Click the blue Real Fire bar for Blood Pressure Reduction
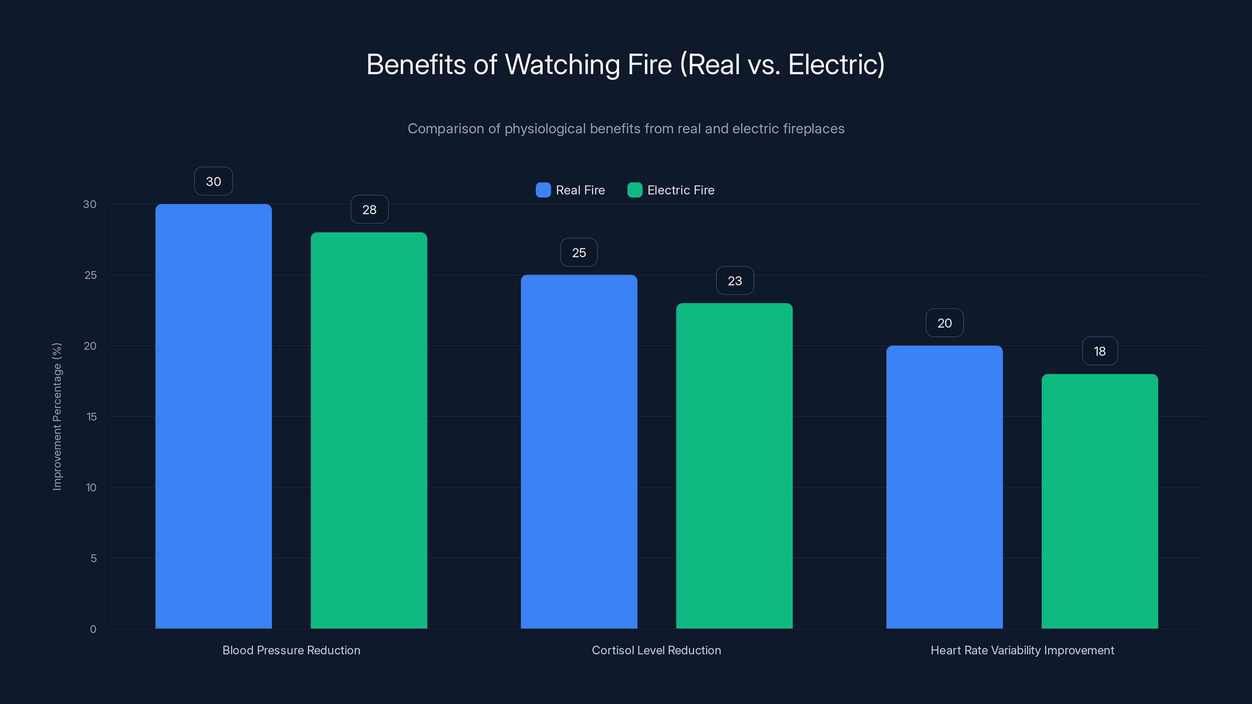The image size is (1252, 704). click(213, 416)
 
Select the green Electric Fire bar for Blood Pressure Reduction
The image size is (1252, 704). click(369, 431)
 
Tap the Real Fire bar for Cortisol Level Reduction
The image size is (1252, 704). click(579, 451)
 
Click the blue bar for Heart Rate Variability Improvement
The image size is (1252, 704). click(944, 487)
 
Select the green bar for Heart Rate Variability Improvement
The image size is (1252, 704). click(1100, 501)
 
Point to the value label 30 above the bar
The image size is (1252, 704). click(213, 181)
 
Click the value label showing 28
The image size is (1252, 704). click(369, 209)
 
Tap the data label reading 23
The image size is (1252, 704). click(735, 280)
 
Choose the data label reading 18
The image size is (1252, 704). click(1100, 351)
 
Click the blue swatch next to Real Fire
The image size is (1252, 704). click(543, 190)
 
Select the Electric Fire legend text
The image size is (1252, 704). click(680, 190)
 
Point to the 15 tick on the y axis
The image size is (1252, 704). click(92, 417)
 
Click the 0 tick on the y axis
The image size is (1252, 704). click(93, 629)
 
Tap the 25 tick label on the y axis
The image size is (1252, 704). click(90, 275)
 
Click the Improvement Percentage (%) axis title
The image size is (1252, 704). click(57, 417)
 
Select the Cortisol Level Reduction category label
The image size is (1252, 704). click(656, 650)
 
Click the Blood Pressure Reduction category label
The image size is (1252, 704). click(291, 650)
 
